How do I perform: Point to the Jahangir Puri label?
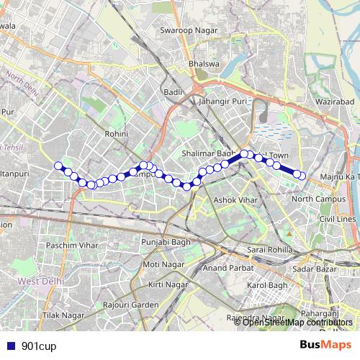(x=224, y=102)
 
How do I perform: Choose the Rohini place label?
(x=116, y=134)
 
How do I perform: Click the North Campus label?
(x=315, y=199)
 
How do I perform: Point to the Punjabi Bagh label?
(x=165, y=242)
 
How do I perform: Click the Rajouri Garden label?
(x=130, y=305)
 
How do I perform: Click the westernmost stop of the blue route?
(x=58, y=166)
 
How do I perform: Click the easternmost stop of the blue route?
(x=302, y=176)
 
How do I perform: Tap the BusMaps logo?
(x=325, y=345)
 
